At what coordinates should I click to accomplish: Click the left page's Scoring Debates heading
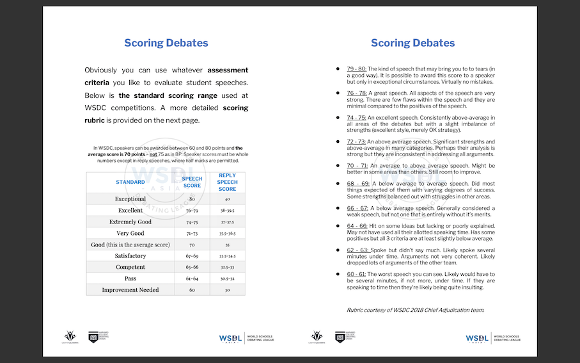coord(166,44)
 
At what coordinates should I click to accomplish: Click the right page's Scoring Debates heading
coord(412,44)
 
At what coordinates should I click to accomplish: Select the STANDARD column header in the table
coord(130,182)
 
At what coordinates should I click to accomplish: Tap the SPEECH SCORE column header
coord(192,182)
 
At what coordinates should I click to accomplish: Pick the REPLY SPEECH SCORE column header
coord(227,182)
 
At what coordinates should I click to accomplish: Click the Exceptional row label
coord(130,199)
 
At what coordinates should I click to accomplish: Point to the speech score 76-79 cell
coord(192,210)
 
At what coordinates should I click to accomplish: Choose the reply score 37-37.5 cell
coord(227,222)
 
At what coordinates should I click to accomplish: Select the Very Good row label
coord(130,233)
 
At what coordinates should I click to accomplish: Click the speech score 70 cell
coord(192,245)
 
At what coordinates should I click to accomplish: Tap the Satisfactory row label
coord(130,255)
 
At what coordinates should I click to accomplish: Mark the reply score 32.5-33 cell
coord(227,267)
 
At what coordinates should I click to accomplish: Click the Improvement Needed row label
coord(130,290)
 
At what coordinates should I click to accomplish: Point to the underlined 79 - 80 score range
coord(357,69)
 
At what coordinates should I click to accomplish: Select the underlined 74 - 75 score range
coord(357,118)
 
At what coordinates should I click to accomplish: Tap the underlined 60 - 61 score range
coord(357,273)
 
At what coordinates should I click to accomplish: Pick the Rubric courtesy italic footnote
coord(415,310)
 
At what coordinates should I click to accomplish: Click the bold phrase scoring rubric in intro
coord(235,108)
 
